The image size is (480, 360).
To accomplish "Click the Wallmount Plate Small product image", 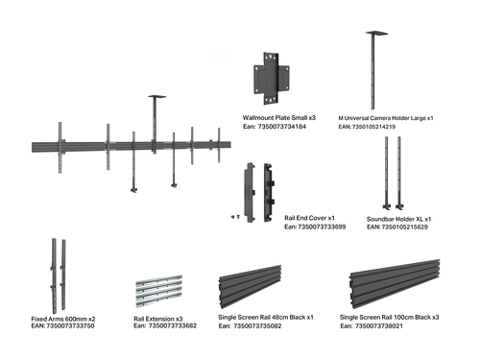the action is (x=272, y=79).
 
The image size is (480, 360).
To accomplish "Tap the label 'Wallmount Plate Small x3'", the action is (x=279, y=118).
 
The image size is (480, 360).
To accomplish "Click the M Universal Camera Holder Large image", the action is (x=375, y=70).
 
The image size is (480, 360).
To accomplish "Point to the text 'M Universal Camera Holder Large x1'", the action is (x=386, y=118).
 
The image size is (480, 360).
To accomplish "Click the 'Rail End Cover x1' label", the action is (x=309, y=218).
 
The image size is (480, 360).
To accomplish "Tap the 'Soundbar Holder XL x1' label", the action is (x=398, y=219).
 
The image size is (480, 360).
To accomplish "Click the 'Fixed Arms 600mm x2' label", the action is (x=63, y=319).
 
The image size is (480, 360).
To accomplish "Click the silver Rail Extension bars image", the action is (x=159, y=291).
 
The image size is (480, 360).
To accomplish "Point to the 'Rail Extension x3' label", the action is (x=158, y=319).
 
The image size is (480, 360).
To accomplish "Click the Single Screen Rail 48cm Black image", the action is (x=250, y=281).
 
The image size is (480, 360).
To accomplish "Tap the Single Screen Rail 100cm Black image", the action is (x=395, y=284).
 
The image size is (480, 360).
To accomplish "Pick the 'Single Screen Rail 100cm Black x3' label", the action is (x=389, y=318).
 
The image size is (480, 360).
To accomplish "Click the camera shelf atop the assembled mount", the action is (x=156, y=96).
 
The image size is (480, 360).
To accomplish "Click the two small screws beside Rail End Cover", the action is (x=235, y=217).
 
